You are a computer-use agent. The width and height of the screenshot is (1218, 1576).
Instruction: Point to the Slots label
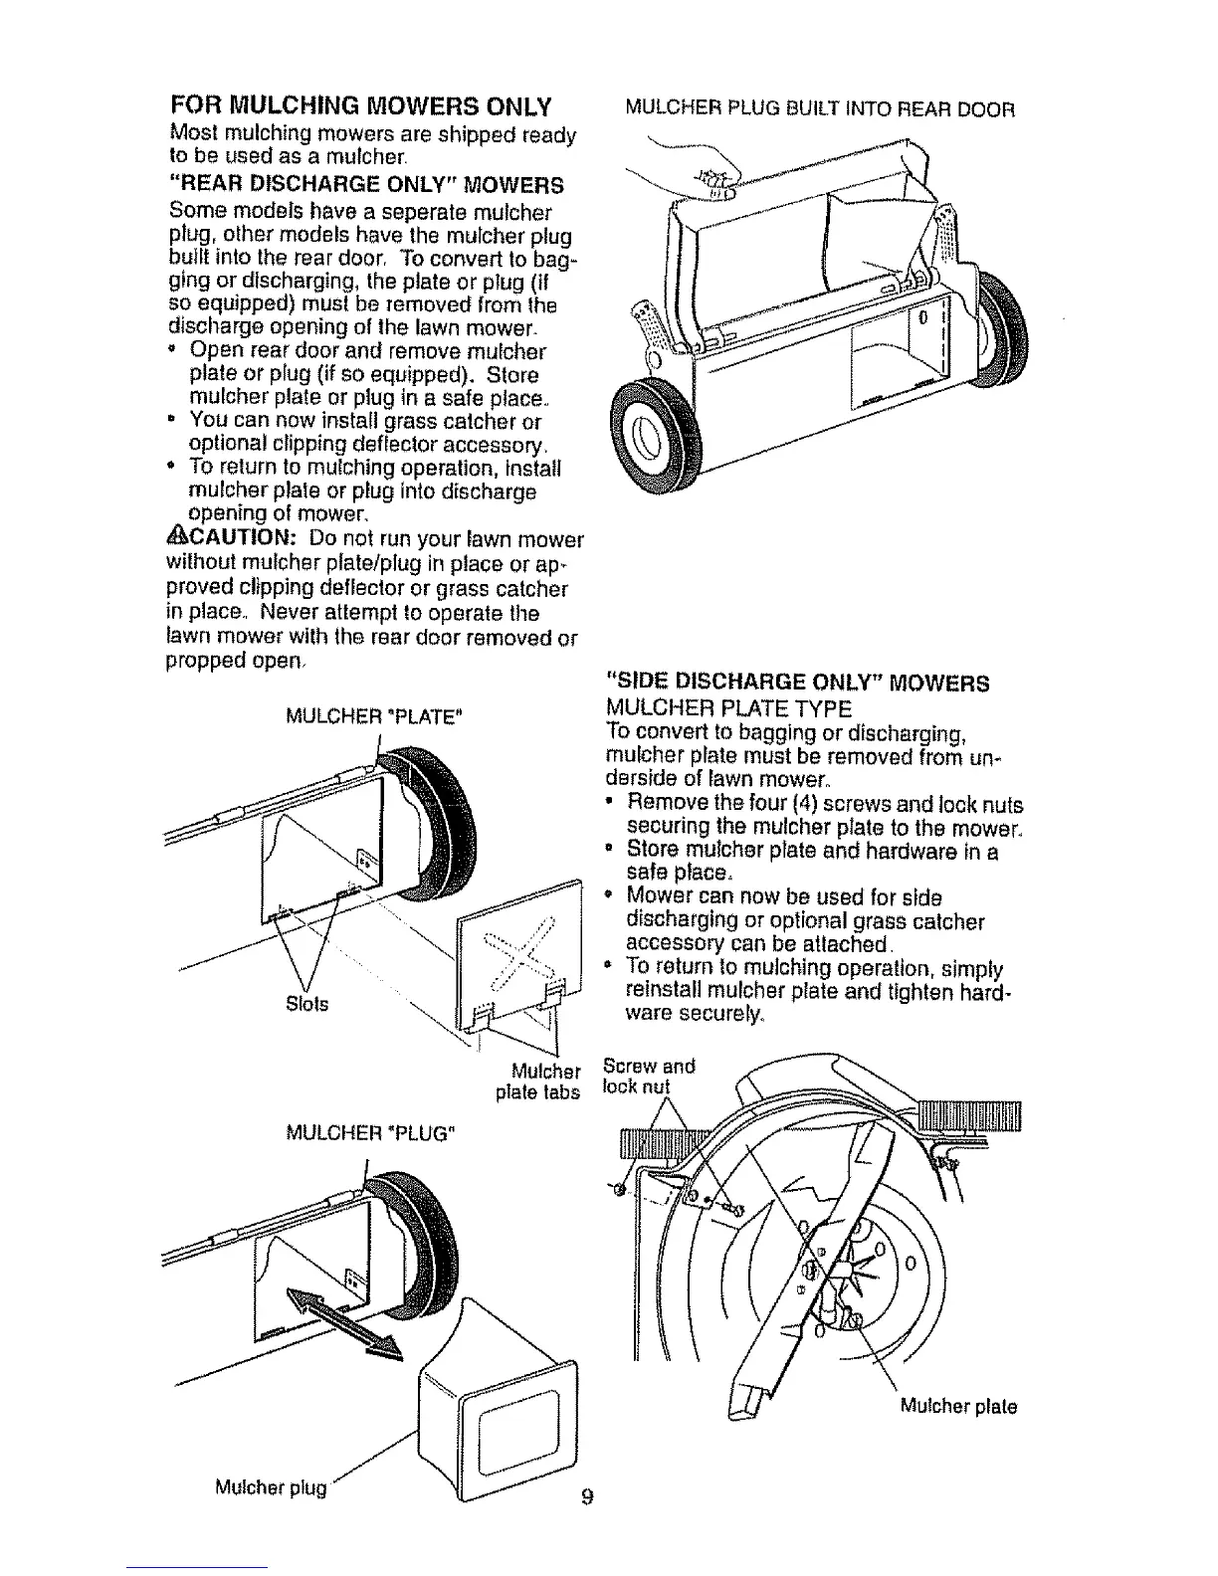coord(306,1002)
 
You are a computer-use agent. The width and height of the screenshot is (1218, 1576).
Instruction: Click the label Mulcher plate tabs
coord(538,1083)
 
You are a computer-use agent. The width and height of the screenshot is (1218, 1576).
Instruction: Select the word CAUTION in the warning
coord(240,540)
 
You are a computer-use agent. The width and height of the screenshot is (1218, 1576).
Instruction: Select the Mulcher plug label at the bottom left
coord(270,1488)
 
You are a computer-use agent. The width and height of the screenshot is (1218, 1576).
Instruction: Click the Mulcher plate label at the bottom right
coord(958,1407)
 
